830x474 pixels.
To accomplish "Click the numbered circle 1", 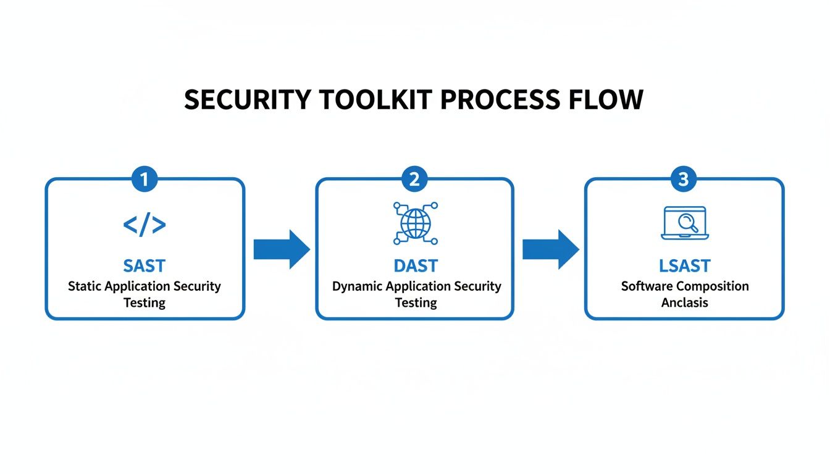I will [x=145, y=180].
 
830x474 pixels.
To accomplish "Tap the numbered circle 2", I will [x=414, y=180].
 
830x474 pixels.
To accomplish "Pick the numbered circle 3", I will [x=684, y=180].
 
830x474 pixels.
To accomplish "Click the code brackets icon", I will [x=145, y=225].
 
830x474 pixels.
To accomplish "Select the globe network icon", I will [x=415, y=223].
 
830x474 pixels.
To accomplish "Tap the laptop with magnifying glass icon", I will [x=684, y=223].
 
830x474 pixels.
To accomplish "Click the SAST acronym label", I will [x=145, y=266].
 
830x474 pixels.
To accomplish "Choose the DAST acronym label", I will [x=416, y=266].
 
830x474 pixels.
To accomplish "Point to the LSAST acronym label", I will [x=685, y=266].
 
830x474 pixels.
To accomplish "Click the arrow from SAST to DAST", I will [x=282, y=249].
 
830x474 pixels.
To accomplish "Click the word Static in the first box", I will [x=85, y=286].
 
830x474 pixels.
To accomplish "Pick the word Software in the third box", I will [x=647, y=286].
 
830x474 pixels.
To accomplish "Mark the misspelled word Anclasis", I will [x=684, y=302].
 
